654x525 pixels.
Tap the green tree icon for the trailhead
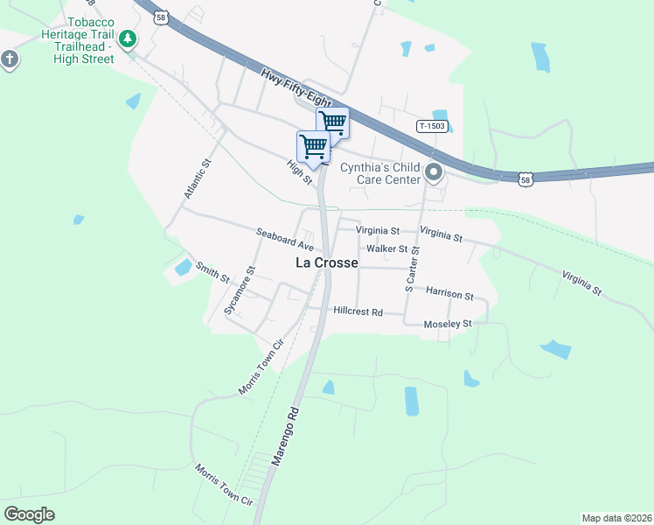click(129, 38)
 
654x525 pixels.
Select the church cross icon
click(10, 59)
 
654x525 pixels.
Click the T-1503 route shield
click(432, 126)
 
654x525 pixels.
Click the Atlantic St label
click(196, 178)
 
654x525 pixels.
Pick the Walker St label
click(387, 248)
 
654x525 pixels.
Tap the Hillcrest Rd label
click(358, 311)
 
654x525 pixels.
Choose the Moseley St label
click(447, 324)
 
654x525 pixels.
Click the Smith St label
click(212, 273)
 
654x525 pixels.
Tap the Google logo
click(30, 514)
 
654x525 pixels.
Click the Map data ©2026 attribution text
click(616, 518)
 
